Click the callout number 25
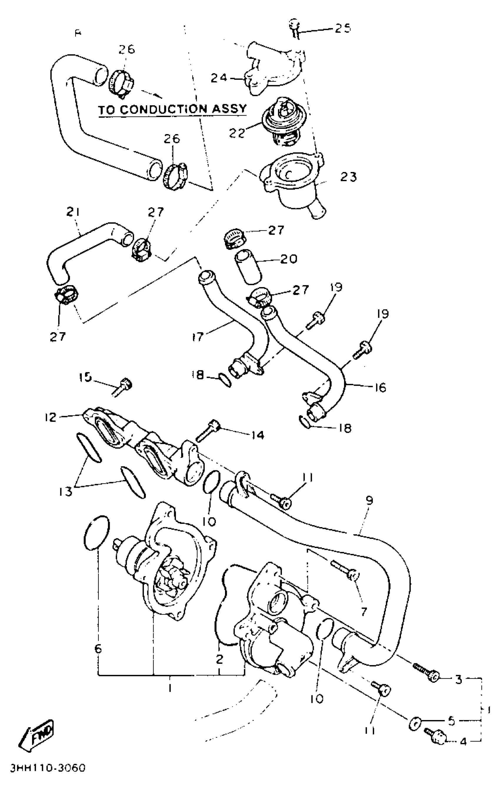point(343,28)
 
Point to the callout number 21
point(73,213)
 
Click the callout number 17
point(198,337)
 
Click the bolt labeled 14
point(208,430)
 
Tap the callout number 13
point(66,491)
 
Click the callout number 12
point(51,417)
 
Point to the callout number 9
point(369,501)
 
